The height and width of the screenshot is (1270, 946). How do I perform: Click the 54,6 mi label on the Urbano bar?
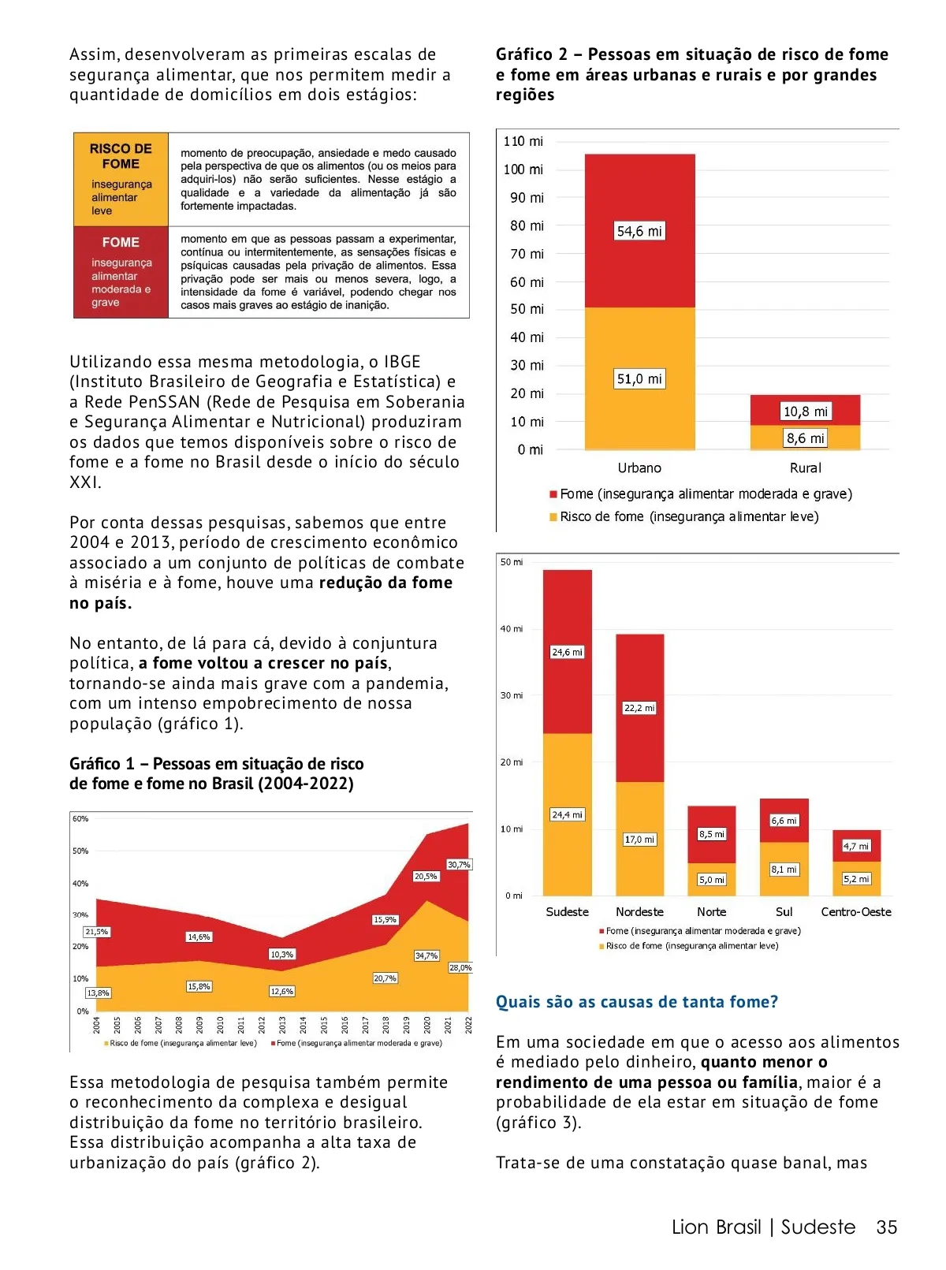pyautogui.click(x=639, y=231)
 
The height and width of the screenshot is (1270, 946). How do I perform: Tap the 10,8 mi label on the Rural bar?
pyautogui.click(x=805, y=412)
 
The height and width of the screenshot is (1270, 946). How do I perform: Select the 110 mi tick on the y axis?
pyautogui.click(x=523, y=141)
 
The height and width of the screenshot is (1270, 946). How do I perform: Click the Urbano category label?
pyautogui.click(x=639, y=468)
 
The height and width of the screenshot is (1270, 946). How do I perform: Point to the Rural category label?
pyautogui.click(x=805, y=468)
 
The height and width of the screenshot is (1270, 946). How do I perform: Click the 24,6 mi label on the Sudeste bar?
pyautogui.click(x=567, y=652)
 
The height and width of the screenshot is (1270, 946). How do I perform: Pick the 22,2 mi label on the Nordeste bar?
pyautogui.click(x=639, y=708)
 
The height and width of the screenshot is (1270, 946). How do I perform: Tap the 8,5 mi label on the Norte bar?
pyautogui.click(x=712, y=834)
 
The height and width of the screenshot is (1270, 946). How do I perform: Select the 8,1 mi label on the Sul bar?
pyautogui.click(x=784, y=870)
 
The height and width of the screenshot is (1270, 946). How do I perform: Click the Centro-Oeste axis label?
pyautogui.click(x=856, y=912)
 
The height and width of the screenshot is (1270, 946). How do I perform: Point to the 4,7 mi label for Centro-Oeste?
pyautogui.click(x=856, y=846)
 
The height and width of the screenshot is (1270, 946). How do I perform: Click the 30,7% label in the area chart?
pyautogui.click(x=459, y=865)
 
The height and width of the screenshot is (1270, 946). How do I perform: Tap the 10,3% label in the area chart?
pyautogui.click(x=281, y=955)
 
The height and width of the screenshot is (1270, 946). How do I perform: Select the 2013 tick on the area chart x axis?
pyautogui.click(x=282, y=1025)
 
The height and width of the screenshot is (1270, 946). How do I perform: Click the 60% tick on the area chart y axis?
pyautogui.click(x=80, y=819)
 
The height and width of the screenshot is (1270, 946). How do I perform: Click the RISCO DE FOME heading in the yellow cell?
pyautogui.click(x=121, y=156)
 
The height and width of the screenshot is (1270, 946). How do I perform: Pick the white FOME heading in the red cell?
pyautogui.click(x=121, y=243)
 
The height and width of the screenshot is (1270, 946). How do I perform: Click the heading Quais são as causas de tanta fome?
pyautogui.click(x=636, y=1002)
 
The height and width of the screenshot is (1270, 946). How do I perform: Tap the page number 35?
pyautogui.click(x=887, y=1227)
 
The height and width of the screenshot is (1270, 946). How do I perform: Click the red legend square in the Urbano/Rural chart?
pyautogui.click(x=553, y=494)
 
